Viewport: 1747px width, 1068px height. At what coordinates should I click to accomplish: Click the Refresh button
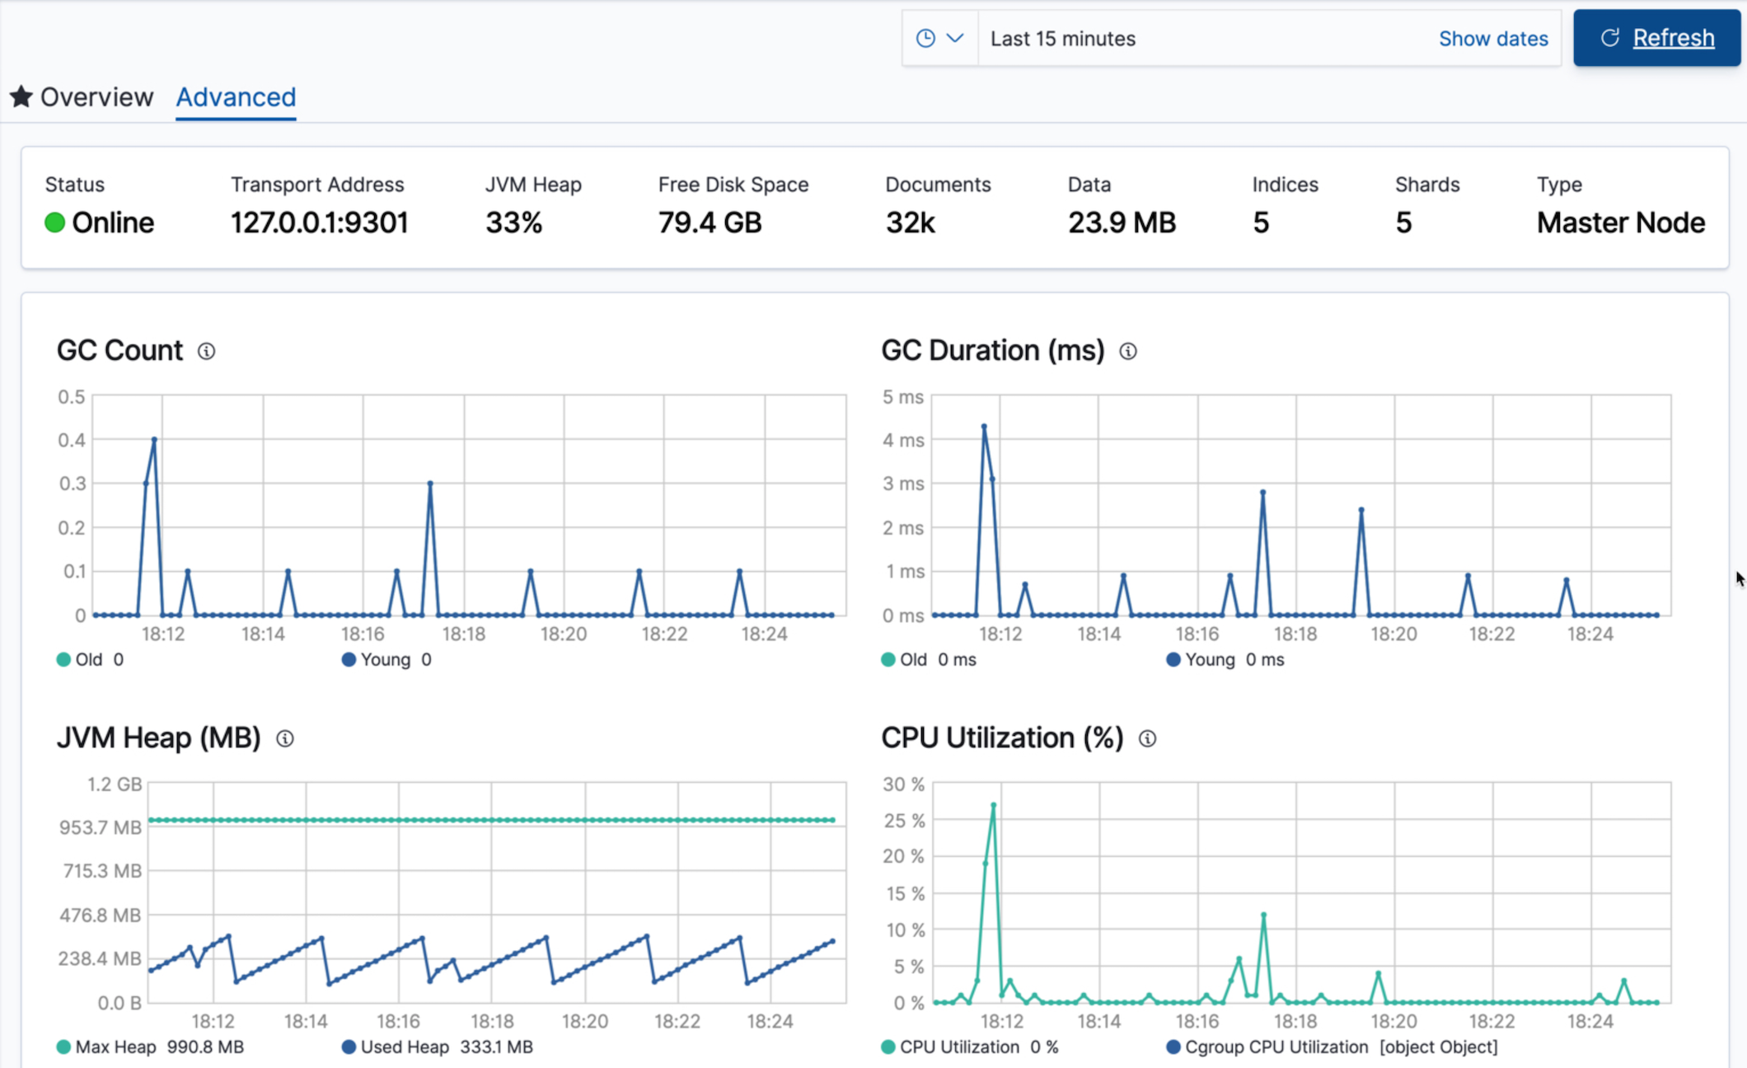click(1656, 38)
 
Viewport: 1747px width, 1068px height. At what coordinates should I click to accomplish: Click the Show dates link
click(1492, 39)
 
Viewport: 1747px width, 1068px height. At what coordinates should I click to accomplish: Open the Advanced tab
click(236, 97)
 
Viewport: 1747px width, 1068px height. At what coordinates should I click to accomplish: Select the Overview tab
click(96, 97)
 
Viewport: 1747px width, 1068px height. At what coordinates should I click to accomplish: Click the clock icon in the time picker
click(925, 38)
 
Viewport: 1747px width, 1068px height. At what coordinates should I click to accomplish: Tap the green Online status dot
click(54, 222)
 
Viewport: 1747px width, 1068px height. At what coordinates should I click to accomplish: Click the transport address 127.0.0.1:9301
click(319, 222)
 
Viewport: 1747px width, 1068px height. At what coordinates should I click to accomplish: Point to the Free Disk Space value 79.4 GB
click(710, 222)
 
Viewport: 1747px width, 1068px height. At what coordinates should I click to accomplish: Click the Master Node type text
click(1620, 222)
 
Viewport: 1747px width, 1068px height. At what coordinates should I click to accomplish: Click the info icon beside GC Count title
click(207, 351)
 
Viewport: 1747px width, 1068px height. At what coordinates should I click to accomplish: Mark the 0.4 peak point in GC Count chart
click(154, 439)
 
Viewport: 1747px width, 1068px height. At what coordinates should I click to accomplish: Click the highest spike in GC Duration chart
click(984, 427)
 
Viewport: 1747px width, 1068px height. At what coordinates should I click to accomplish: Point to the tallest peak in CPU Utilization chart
click(994, 805)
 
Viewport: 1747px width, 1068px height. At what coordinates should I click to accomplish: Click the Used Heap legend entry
click(405, 1047)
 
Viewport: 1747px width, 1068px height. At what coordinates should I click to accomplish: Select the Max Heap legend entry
click(115, 1047)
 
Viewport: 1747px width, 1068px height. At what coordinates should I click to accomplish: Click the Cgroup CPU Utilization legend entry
click(1275, 1047)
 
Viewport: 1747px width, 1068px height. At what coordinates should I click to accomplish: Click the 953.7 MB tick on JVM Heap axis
click(101, 827)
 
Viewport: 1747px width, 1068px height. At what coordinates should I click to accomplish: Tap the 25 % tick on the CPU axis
click(903, 821)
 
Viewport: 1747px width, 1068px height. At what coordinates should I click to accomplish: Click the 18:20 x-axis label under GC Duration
click(1393, 634)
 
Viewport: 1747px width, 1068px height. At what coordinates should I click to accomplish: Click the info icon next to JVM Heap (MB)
click(285, 738)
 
